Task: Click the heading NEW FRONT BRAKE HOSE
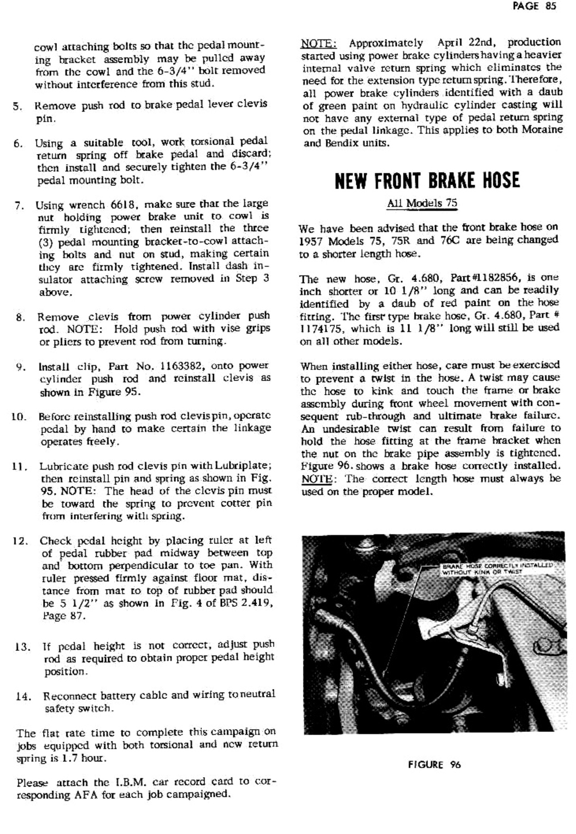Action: point(426,180)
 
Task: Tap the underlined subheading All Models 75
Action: point(422,203)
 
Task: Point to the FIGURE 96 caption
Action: point(434,765)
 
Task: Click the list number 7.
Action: point(19,206)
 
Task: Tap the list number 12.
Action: point(20,541)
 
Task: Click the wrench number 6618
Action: point(119,205)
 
